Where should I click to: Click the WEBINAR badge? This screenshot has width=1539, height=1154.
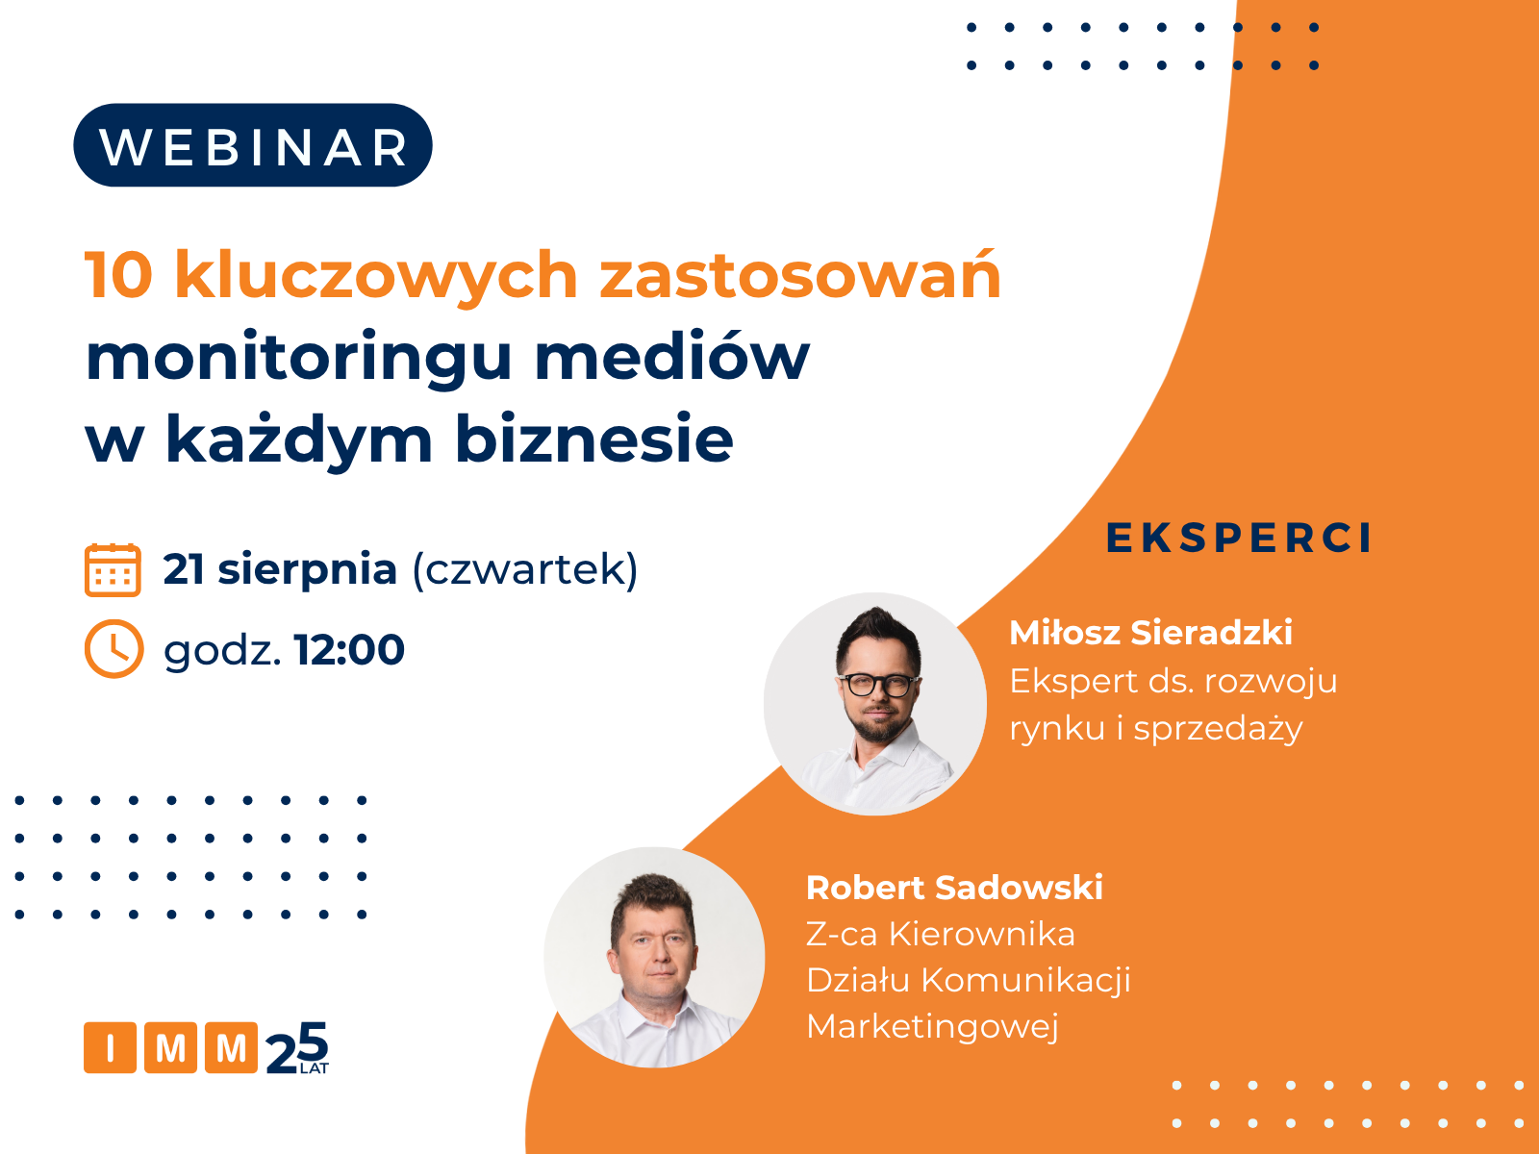point(252,145)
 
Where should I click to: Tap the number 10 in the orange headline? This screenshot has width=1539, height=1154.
point(118,275)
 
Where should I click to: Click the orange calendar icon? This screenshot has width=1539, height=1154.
point(113,569)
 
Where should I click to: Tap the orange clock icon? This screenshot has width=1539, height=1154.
point(114,649)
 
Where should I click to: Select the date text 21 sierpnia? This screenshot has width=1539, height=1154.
point(281,570)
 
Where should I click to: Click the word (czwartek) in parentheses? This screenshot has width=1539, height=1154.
point(525,569)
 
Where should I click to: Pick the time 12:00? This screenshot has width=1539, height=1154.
point(349,649)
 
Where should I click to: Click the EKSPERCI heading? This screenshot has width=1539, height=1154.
point(1238,539)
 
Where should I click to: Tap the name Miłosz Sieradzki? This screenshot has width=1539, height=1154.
point(1150,633)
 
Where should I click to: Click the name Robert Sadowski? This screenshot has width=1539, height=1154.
point(954,888)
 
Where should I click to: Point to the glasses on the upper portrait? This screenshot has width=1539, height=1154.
point(879,685)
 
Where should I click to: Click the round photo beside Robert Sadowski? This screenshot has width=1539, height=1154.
point(654,957)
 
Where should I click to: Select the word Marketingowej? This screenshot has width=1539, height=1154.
point(932,1027)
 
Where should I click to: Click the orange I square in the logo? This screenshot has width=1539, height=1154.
point(110,1047)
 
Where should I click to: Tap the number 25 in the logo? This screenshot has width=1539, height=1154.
point(297,1047)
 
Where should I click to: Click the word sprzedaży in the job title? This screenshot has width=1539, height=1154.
point(1218,729)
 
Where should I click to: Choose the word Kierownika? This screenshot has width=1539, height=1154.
point(982,934)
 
